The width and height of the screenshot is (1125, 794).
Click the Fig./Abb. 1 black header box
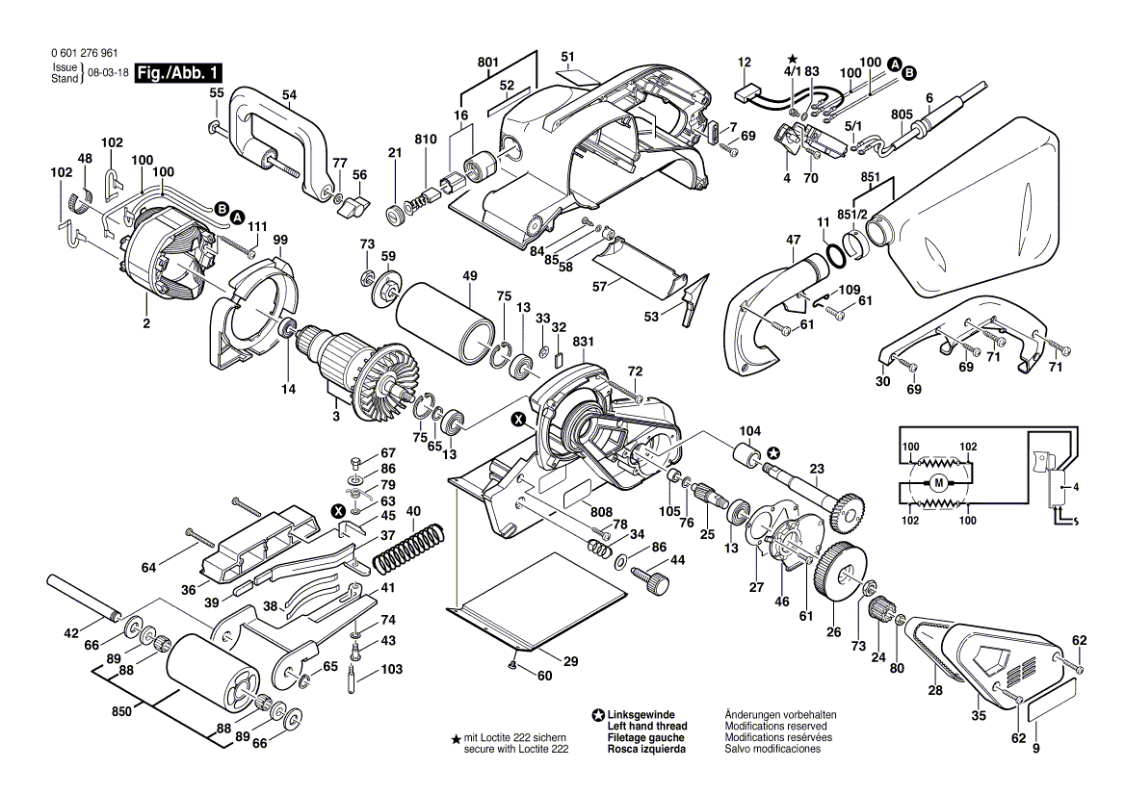(179, 73)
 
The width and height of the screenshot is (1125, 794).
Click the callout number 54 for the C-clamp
(289, 94)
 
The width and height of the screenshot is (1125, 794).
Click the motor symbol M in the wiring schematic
(938, 482)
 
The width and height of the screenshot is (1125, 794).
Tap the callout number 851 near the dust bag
(871, 177)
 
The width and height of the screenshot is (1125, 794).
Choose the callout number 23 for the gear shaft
(817, 470)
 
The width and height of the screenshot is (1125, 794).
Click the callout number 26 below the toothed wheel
(833, 632)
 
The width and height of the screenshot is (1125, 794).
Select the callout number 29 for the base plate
(570, 661)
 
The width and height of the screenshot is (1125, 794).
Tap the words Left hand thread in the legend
(647, 726)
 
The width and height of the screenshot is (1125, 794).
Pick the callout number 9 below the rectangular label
(1036, 748)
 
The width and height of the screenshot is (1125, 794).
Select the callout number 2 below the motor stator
(146, 324)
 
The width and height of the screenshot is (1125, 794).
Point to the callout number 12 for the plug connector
(744, 63)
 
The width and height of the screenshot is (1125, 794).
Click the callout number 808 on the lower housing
(601, 511)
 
